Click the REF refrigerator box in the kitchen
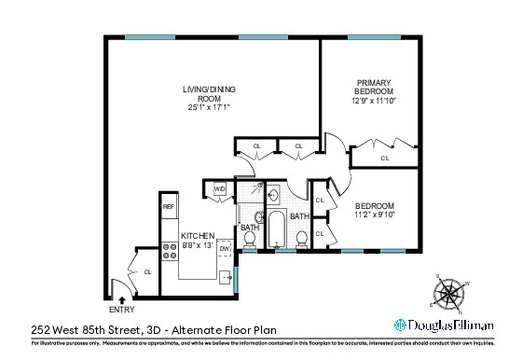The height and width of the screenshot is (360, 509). click(169, 207)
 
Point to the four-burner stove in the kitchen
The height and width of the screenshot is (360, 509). click(171, 250)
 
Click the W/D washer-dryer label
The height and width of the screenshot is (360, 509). click(220, 188)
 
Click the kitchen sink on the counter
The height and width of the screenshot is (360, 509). click(225, 276)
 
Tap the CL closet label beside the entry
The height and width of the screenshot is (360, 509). click(147, 271)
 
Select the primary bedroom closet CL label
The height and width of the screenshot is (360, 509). click(384, 158)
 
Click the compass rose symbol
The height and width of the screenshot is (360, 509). click(452, 294)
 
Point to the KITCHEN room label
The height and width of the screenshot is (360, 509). click(198, 235)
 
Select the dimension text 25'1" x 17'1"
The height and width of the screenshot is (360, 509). click(207, 107)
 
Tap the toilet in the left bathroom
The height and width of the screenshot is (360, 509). click(249, 241)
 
